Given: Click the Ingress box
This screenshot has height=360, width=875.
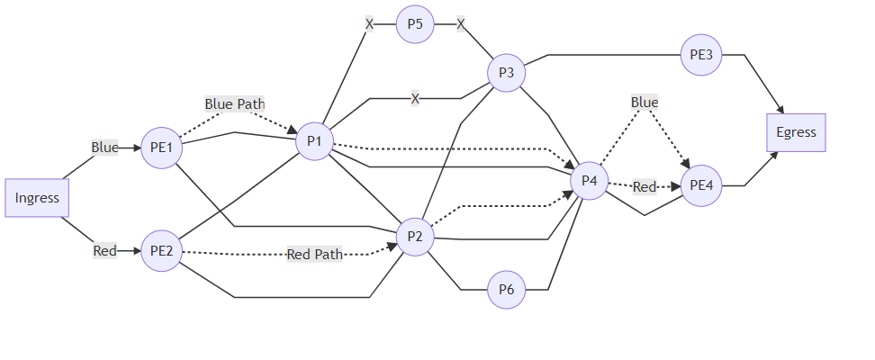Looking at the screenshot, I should click(x=37, y=198).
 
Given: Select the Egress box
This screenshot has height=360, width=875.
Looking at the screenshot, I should click(x=796, y=132).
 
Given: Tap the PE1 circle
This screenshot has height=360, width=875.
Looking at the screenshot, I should click(x=161, y=148).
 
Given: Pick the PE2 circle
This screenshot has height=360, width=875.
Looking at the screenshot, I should click(x=161, y=251).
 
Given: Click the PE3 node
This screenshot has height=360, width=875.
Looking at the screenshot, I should click(x=701, y=55).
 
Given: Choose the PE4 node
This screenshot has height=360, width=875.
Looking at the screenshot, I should click(x=701, y=186).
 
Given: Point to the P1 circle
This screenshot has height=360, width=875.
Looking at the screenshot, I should click(x=315, y=140).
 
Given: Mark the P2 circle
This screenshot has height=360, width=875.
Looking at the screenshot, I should click(x=415, y=237).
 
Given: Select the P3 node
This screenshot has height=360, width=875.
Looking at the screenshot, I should click(x=506, y=73).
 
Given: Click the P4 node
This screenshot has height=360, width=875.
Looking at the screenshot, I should click(x=590, y=181).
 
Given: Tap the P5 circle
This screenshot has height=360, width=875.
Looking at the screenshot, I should click(x=415, y=24).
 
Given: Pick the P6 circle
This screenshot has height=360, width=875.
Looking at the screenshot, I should click(x=506, y=290).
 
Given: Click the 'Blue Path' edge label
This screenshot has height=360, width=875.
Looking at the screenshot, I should click(x=235, y=104).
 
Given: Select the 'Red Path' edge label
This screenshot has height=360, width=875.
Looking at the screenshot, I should click(x=315, y=255).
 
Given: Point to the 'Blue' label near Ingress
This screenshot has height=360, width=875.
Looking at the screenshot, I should click(x=104, y=148).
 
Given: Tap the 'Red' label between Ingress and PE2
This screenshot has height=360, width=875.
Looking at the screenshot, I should click(x=104, y=251).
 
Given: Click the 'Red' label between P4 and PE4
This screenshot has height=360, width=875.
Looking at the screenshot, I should click(x=645, y=187).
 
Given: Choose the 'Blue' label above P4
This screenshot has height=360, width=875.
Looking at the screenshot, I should click(x=645, y=103).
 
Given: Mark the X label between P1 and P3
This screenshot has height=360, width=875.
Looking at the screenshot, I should click(x=415, y=98).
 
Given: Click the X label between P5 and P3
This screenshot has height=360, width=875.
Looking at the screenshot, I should click(x=461, y=24).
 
